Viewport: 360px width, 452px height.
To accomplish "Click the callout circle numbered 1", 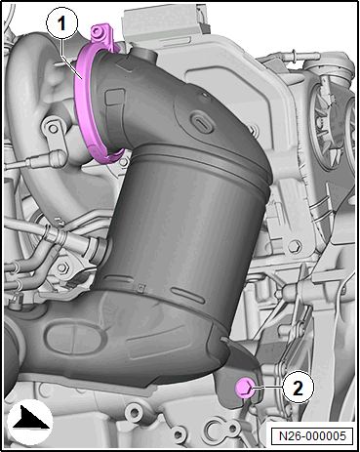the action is (x=61, y=23).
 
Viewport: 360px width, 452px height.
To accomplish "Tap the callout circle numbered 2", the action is (x=298, y=388).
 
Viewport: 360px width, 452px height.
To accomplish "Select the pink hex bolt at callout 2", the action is (x=244, y=389).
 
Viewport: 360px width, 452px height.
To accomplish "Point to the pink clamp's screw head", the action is (x=97, y=31).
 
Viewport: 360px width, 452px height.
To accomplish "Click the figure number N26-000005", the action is (x=312, y=436).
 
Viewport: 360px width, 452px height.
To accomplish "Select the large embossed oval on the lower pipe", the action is (x=75, y=338).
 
